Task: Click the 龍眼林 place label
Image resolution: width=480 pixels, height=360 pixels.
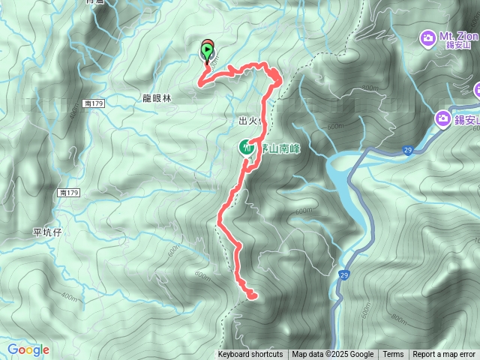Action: point(157,98)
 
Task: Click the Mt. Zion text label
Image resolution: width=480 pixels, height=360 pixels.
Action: point(459,36)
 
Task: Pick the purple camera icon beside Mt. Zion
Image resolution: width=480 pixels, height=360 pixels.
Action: point(427,37)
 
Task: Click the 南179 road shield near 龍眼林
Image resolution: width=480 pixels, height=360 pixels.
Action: point(94,103)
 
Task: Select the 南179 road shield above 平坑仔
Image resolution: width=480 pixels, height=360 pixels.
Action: point(67,193)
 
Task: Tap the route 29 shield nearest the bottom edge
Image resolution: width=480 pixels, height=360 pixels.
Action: point(342,274)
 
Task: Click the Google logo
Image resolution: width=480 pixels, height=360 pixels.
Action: point(28,349)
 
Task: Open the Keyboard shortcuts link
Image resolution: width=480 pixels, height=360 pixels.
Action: point(250,355)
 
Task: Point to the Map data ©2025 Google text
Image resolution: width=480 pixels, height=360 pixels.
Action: point(333,355)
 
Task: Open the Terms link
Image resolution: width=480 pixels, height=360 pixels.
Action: point(393,355)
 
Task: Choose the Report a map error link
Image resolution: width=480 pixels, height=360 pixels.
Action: point(444,355)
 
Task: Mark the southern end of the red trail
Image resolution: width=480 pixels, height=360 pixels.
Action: point(252,295)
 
